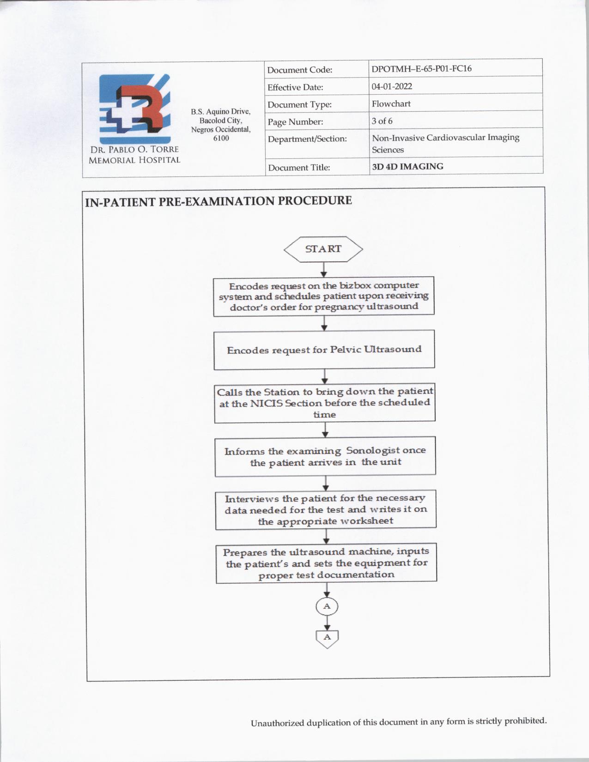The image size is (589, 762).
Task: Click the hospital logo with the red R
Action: click(x=134, y=109)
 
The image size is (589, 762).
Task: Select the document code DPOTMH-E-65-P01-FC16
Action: click(x=421, y=69)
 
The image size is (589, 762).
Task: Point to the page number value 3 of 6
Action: click(x=382, y=121)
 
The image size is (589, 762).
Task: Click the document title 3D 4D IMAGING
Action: click(x=407, y=166)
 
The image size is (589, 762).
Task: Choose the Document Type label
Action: click(x=299, y=104)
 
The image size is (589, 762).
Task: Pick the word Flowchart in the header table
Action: click(x=391, y=103)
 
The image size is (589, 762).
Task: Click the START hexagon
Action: click(x=323, y=249)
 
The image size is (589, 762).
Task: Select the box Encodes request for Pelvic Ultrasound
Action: click(x=324, y=350)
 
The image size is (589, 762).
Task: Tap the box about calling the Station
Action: click(x=325, y=403)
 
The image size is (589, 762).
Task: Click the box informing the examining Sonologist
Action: click(x=325, y=456)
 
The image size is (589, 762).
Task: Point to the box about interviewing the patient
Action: click(x=326, y=509)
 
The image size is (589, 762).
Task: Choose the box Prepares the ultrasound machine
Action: click(x=326, y=563)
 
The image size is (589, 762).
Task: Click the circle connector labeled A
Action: click(x=327, y=606)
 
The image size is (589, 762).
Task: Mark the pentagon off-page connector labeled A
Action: click(x=327, y=638)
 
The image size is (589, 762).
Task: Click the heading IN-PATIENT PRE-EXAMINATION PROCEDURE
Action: click(x=219, y=201)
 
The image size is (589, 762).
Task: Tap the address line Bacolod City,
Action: click(x=221, y=121)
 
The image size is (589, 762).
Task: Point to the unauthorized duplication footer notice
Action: click(x=399, y=722)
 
